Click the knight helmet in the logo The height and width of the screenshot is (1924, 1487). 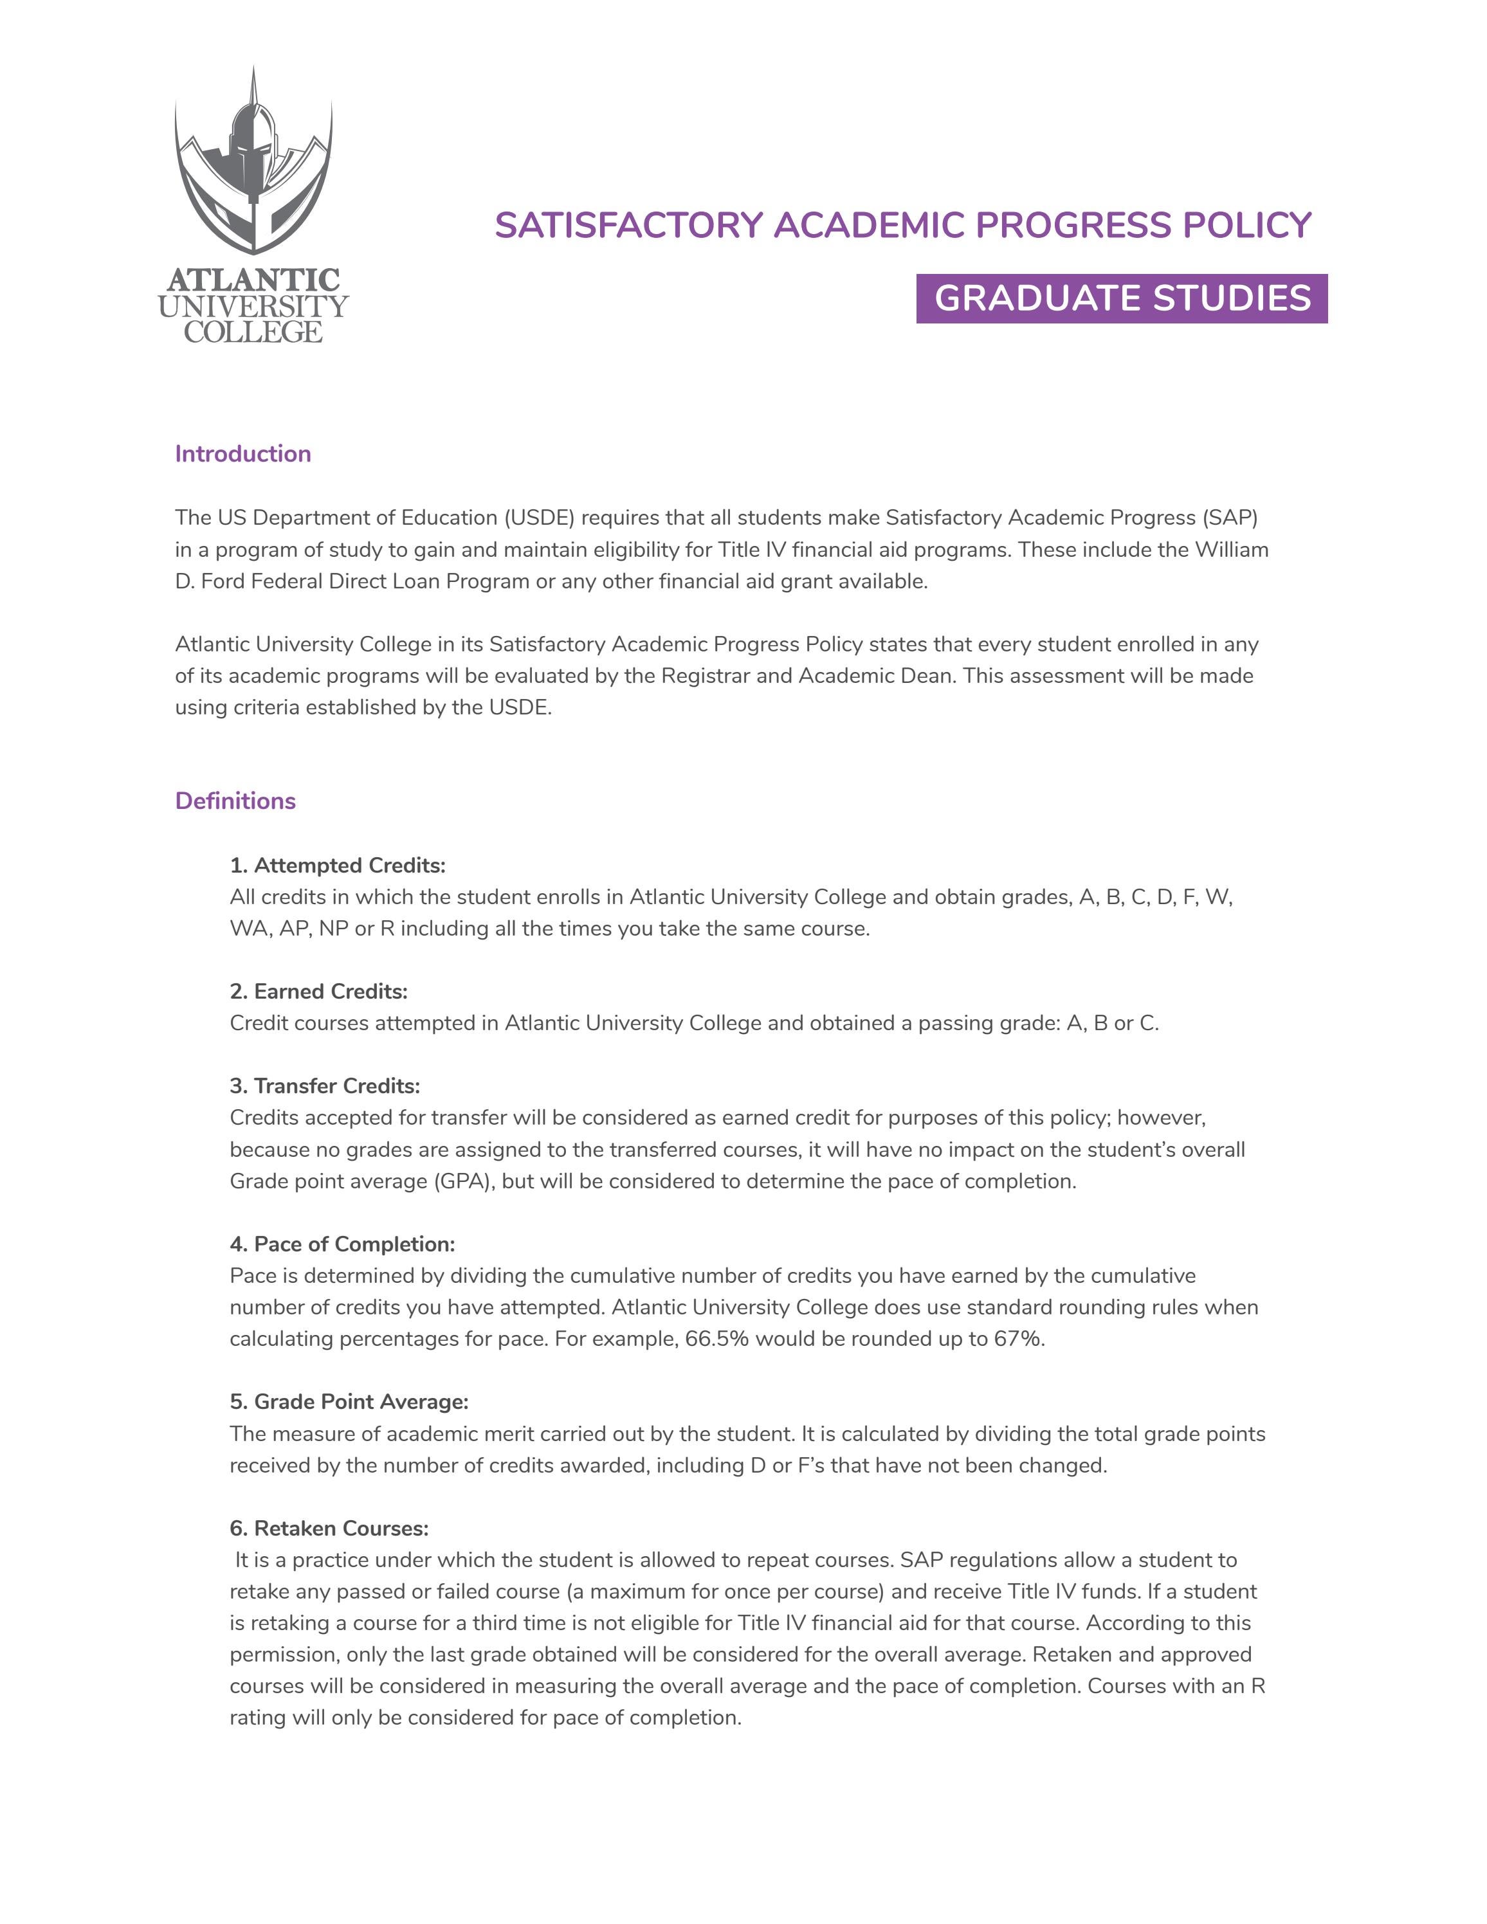[253, 141]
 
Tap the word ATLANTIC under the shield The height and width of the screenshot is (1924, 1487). [253, 280]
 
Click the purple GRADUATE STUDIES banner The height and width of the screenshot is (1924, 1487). [1122, 298]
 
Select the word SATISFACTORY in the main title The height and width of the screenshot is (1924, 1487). [628, 226]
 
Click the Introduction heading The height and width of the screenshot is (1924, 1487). [243, 454]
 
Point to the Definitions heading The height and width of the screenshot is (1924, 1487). [235, 801]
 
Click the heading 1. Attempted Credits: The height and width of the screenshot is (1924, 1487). [338, 865]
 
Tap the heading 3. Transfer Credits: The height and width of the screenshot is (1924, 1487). [325, 1085]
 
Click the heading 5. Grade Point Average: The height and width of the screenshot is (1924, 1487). [349, 1402]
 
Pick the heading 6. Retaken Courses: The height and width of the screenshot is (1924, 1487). [329, 1528]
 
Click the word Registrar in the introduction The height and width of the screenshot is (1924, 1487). [700, 676]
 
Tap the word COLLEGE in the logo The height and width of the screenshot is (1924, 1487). [253, 332]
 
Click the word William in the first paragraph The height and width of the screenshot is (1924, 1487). [1232, 550]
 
